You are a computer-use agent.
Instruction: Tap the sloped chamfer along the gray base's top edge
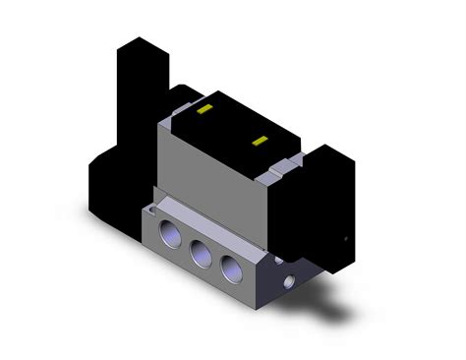(197, 222)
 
